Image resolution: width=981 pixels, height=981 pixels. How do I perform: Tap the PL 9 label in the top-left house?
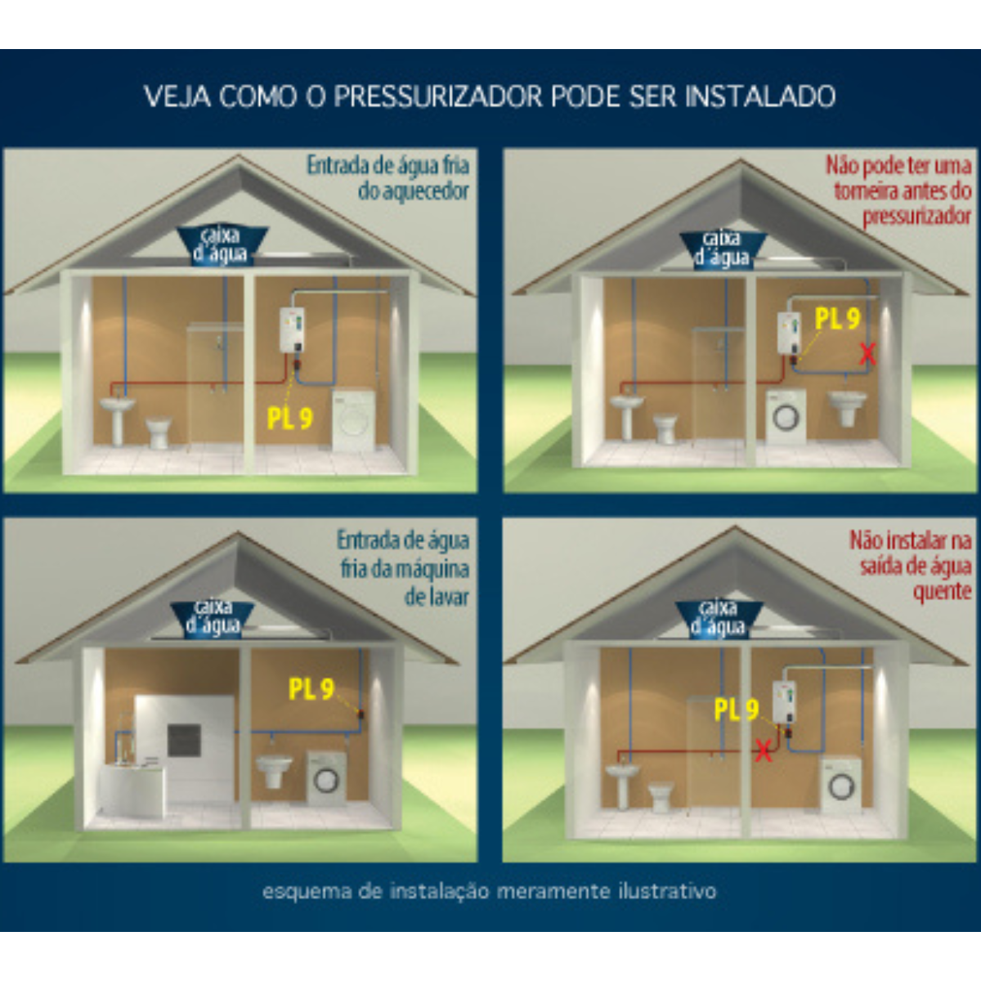pyautogui.click(x=290, y=419)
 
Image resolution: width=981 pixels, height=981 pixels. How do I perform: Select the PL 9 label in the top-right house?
pyautogui.click(x=837, y=319)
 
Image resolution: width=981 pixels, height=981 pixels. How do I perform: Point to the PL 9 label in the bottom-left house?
pyautogui.click(x=311, y=689)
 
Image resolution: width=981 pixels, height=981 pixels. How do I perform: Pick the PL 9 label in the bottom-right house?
pyautogui.click(x=737, y=709)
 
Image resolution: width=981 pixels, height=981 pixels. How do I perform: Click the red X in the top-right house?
pyautogui.click(x=867, y=354)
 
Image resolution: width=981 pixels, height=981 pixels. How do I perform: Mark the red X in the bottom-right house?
pyautogui.click(x=764, y=750)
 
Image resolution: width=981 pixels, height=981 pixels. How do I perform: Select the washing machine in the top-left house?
pyautogui.click(x=354, y=419)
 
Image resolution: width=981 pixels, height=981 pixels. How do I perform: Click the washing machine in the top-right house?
pyautogui.click(x=786, y=416)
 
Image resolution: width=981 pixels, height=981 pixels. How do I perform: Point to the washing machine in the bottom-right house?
pyautogui.click(x=840, y=785)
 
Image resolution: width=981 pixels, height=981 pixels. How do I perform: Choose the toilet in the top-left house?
pyautogui.click(x=159, y=432)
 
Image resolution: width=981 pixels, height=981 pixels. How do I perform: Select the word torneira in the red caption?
pyautogui.click(x=866, y=191)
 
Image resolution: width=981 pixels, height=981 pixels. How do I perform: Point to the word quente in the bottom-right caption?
pyautogui.click(x=942, y=591)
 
